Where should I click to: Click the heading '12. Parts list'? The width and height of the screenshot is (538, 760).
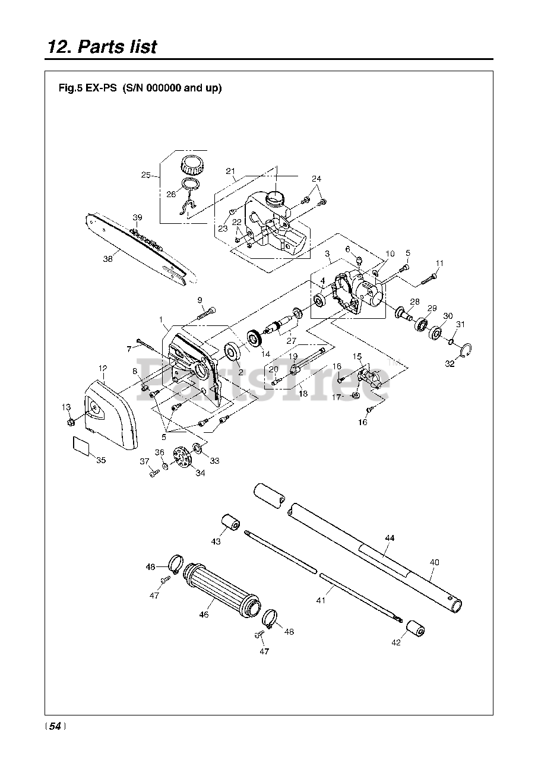tap(102, 46)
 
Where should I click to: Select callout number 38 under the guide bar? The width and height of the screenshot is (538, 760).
tap(107, 258)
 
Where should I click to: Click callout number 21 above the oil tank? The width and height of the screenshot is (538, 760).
tap(231, 171)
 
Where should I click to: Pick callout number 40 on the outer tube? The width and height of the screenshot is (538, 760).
tap(434, 562)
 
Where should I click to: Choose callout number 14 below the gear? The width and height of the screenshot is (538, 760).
tap(265, 353)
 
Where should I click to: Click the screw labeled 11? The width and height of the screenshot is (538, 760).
tap(431, 277)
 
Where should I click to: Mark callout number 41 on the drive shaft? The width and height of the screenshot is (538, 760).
tap(321, 600)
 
